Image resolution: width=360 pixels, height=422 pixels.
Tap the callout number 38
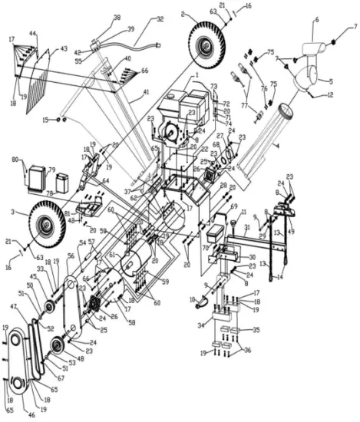(x=117, y=17)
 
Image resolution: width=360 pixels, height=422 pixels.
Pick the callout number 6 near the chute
(x=316, y=20)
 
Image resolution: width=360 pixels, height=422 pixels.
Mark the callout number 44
(x=33, y=34)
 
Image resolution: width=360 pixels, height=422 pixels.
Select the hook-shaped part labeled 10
(x=203, y=305)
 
